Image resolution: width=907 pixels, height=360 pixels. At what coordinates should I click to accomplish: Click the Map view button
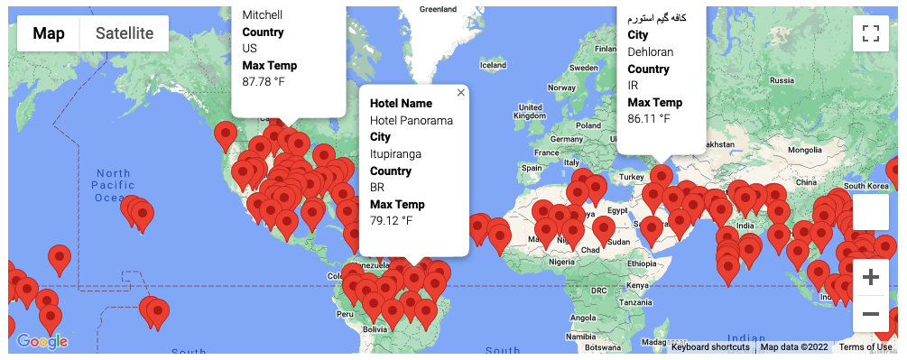point(49,33)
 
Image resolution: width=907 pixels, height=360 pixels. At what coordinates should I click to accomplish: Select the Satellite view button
point(125,33)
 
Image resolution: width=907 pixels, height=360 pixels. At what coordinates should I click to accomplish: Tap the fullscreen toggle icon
point(870,34)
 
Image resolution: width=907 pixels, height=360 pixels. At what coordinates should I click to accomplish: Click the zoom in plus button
point(870,277)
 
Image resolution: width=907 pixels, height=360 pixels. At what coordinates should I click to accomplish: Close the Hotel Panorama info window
point(461,92)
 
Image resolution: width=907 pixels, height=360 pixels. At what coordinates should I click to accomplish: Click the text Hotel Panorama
point(412,121)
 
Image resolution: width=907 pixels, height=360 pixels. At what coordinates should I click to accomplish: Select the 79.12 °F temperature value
point(391,221)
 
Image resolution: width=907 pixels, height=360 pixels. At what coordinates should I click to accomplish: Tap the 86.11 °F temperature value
point(649,119)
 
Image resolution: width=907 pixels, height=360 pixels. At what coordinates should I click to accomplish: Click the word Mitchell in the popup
point(263,15)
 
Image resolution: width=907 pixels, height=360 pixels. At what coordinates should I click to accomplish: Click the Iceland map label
point(493,65)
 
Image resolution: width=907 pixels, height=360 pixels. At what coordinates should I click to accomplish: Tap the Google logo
point(42,341)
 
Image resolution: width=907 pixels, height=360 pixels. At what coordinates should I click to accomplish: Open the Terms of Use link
point(865,347)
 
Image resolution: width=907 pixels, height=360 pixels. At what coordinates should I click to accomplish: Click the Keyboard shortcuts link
point(709,347)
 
